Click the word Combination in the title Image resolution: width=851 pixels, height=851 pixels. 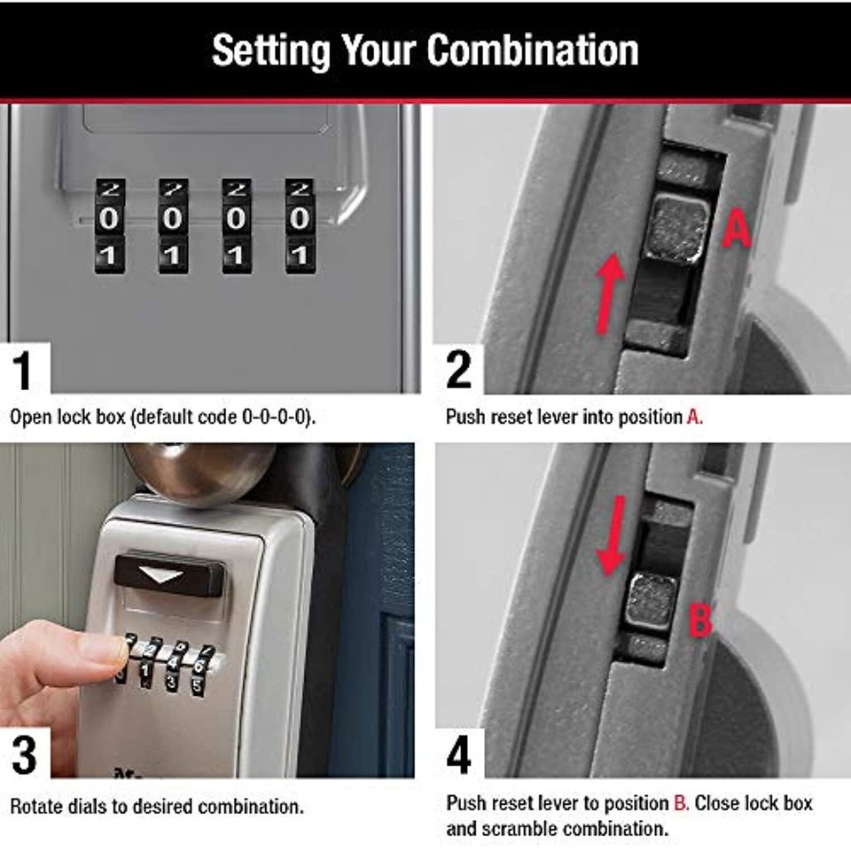533,51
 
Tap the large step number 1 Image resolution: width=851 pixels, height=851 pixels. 22,371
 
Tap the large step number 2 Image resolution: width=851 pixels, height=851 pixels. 458,370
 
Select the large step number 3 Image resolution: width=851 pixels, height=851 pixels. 25,755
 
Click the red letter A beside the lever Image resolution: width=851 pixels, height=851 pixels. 737,229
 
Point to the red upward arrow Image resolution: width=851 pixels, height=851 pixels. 610,293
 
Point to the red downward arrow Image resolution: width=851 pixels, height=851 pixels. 612,535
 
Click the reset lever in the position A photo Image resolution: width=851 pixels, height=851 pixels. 676,230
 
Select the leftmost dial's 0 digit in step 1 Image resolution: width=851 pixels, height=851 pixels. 108,219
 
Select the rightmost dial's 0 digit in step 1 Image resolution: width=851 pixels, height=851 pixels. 300,219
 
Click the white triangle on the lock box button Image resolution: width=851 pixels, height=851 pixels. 160,574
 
